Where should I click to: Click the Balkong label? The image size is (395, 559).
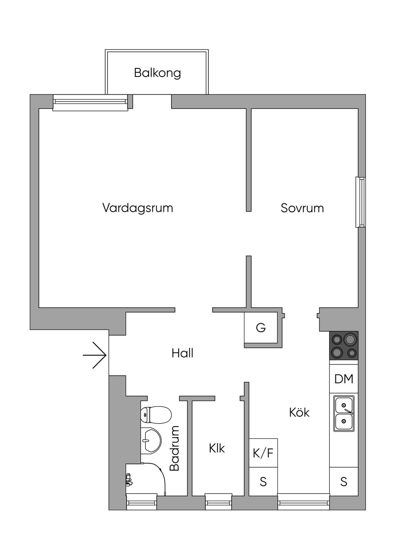(x=157, y=73)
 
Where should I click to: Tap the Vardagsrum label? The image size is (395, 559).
(x=138, y=208)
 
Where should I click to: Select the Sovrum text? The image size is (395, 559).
(x=302, y=208)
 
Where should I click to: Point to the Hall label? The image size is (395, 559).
(x=182, y=353)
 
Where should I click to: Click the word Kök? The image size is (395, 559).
(x=299, y=412)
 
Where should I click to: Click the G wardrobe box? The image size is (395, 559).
(x=261, y=327)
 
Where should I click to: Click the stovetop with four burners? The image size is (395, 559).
(x=344, y=346)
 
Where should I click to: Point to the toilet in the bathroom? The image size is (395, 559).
(x=156, y=415)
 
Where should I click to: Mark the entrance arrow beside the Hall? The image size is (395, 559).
(x=95, y=355)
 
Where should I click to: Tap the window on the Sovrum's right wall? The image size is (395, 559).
(x=360, y=202)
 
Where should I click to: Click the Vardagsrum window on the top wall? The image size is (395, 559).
(x=91, y=102)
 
